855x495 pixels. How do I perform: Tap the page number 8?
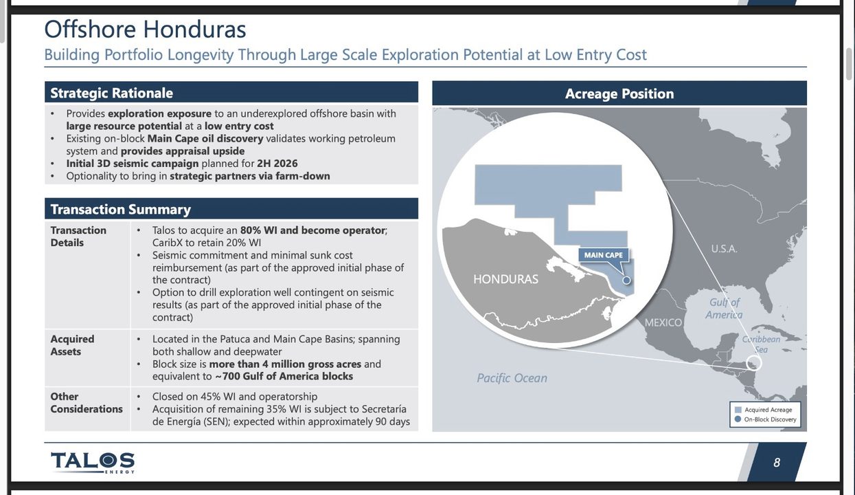coord(777,463)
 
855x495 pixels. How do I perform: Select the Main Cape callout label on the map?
coord(604,255)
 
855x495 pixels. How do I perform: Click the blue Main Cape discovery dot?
coord(626,280)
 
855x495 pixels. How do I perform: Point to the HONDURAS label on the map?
coord(505,279)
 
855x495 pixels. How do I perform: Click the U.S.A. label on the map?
coord(724,249)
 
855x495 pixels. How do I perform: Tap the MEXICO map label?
coord(663,322)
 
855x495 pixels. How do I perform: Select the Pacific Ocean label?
coord(512,378)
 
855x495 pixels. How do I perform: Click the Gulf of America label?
coord(724,309)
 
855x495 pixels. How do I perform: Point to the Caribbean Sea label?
coord(761,344)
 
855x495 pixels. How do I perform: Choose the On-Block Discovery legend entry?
coord(766,419)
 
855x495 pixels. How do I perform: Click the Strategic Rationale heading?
coord(111,93)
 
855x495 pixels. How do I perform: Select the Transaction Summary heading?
coord(120,209)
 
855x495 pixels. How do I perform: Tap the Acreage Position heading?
coord(619,93)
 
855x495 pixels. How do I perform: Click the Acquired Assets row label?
coord(73,345)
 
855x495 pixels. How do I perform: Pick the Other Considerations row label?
coord(87,402)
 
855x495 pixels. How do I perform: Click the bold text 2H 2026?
coord(277,163)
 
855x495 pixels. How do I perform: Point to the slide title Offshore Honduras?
coord(145,29)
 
